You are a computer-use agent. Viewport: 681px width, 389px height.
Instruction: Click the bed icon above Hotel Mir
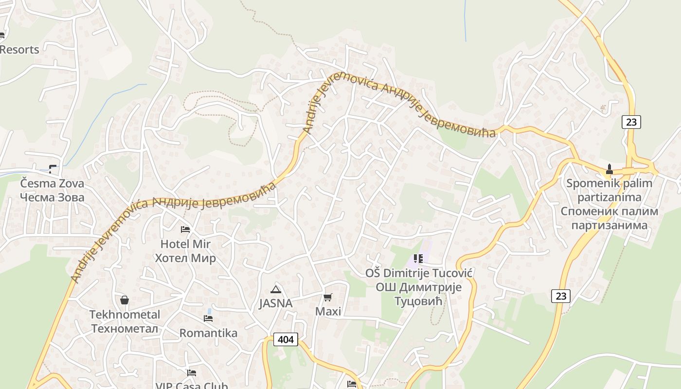tap(185, 229)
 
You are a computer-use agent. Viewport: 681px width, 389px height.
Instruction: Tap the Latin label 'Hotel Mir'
tap(185, 244)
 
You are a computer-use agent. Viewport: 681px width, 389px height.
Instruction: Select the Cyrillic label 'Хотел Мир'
tap(185, 258)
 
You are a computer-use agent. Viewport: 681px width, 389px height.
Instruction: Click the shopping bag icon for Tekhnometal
tap(125, 300)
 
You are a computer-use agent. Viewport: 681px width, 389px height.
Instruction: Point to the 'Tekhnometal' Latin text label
tap(125, 315)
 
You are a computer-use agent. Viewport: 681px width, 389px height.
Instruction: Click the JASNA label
tap(276, 303)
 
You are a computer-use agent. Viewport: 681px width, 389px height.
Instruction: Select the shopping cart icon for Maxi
tap(328, 297)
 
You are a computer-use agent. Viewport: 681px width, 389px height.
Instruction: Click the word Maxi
tap(328, 311)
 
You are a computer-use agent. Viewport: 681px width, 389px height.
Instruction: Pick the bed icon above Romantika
tap(208, 318)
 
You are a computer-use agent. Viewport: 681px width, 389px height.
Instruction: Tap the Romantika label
tap(208, 333)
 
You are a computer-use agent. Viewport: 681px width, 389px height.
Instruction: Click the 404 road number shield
tap(286, 339)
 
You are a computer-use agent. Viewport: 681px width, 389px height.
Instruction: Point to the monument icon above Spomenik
tap(609, 169)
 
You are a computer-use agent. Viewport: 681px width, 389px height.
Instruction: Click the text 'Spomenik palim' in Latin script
tap(609, 184)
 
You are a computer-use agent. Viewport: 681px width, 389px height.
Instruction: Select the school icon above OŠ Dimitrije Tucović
tap(418, 259)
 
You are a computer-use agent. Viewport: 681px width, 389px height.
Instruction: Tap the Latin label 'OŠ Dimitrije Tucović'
tap(419, 273)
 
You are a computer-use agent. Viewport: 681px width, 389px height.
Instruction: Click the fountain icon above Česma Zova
tap(53, 169)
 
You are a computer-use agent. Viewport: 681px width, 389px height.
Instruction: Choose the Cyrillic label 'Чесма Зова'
tap(52, 197)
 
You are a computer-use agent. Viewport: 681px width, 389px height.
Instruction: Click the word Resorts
tap(19, 50)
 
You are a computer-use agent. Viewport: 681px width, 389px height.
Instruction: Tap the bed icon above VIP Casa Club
tap(192, 373)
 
